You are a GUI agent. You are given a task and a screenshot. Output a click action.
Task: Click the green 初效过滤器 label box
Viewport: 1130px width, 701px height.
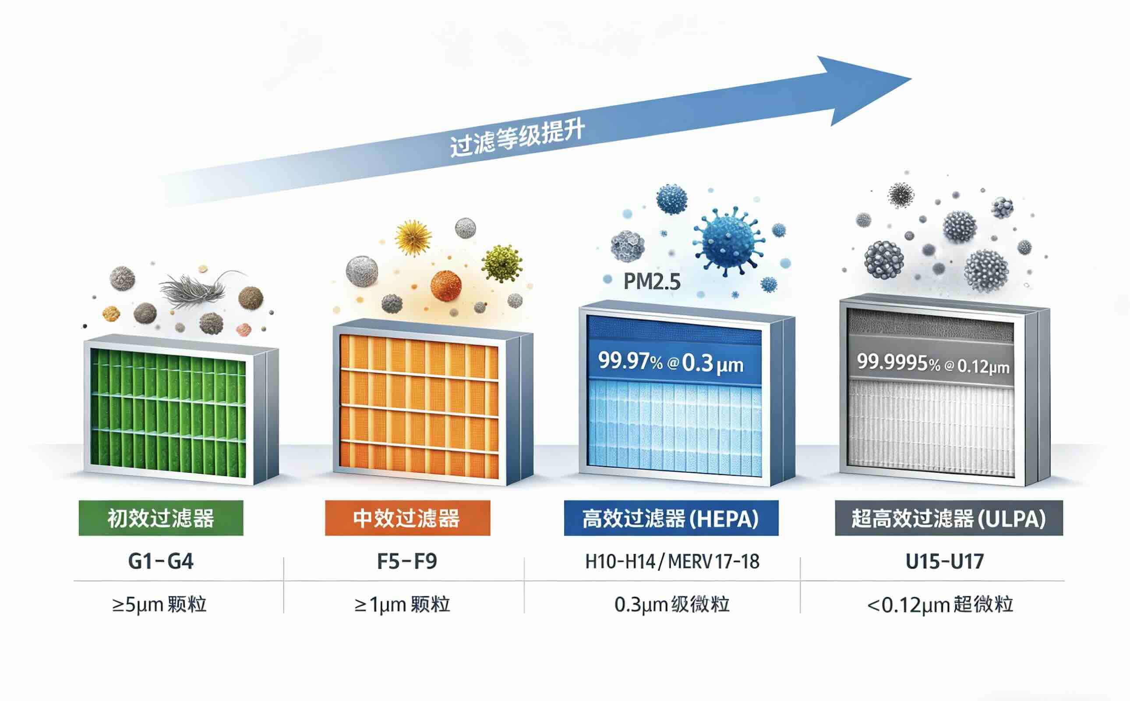(161, 518)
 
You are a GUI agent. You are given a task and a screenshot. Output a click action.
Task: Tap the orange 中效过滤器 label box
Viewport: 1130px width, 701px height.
(407, 518)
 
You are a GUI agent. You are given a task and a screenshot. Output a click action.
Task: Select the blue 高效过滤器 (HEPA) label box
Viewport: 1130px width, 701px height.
(671, 518)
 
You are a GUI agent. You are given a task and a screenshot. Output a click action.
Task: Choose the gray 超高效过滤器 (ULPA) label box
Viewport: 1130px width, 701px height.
(949, 518)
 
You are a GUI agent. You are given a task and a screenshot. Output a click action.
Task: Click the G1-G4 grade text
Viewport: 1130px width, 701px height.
(160, 561)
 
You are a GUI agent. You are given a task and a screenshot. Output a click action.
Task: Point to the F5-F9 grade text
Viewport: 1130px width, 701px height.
(407, 561)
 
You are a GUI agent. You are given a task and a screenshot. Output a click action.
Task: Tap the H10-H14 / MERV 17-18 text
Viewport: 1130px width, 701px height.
(672, 561)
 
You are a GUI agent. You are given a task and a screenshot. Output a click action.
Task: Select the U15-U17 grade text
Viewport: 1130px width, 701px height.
(945, 561)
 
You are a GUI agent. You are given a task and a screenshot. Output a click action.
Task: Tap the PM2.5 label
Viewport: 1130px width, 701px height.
(652, 281)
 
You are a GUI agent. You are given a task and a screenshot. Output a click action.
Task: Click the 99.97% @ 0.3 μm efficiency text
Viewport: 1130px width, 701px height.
(671, 362)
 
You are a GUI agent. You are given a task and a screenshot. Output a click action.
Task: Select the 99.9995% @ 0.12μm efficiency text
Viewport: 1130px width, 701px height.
(933, 364)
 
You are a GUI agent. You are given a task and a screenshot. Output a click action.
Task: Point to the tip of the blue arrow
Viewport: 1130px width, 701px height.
(912, 78)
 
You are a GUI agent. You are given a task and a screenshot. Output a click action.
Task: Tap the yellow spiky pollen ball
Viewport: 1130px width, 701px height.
(413, 238)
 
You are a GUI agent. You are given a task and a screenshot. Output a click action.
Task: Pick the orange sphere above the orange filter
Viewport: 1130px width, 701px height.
(446, 286)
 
